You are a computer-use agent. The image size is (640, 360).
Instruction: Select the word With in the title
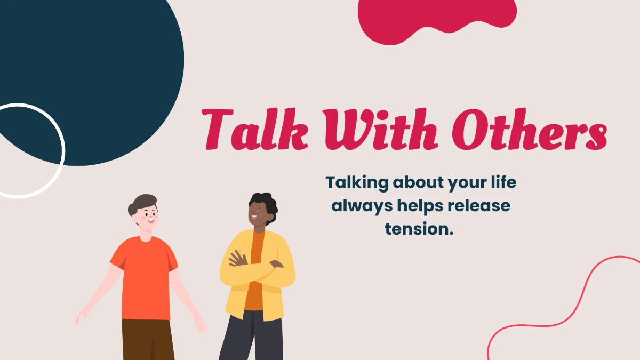pos(370,129)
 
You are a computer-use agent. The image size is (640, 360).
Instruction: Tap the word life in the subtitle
pos(503,182)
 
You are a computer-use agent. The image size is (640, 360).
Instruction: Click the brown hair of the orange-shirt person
pos(142,201)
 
